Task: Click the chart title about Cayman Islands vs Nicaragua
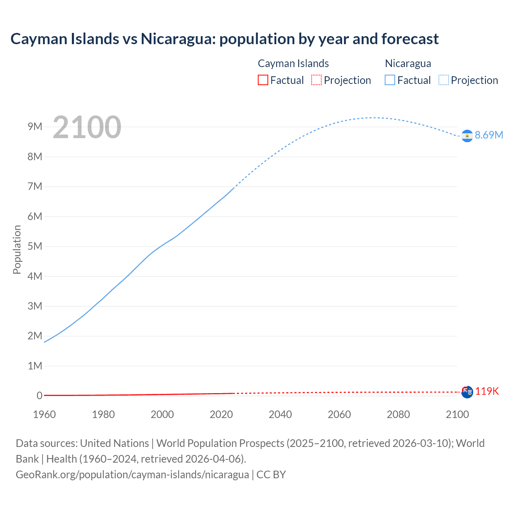point(224,39)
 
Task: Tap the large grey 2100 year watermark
point(87,127)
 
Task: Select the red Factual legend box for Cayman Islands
point(263,80)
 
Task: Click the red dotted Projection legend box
point(316,80)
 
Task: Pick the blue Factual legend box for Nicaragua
point(390,80)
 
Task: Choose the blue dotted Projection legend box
point(444,80)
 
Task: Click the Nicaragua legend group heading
point(408,63)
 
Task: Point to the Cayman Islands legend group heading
point(293,63)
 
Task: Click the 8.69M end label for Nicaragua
point(489,135)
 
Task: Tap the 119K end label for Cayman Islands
point(487,392)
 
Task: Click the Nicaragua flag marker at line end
point(467,136)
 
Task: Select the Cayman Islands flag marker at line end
point(467,392)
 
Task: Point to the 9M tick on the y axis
point(35,127)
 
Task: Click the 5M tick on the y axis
point(35,247)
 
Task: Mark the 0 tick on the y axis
point(39,396)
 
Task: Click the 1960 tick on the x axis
point(45,414)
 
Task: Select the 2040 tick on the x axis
point(280,414)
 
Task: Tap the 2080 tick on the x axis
point(398,414)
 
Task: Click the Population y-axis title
point(17,249)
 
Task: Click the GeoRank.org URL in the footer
point(132,475)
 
